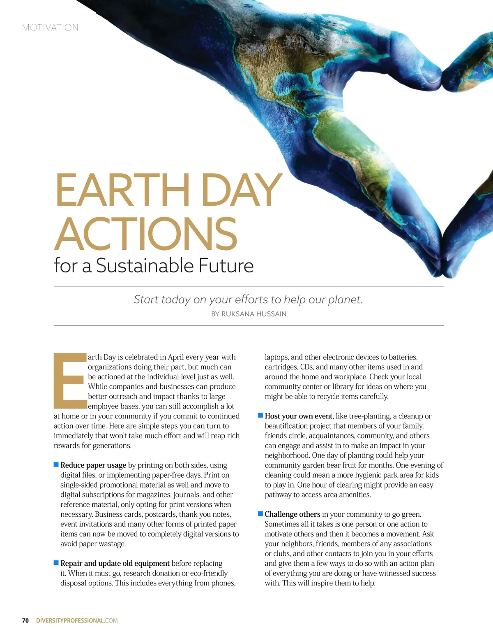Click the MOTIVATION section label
pos(50,28)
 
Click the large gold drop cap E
pos(70,381)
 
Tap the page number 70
pos(25,620)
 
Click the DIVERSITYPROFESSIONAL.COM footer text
pos(77,620)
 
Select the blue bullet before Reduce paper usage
pos(56,464)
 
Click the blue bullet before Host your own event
pos(260,416)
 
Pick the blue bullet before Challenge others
pos(260,513)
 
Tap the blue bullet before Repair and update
pos(56,562)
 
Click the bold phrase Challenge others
pos(292,514)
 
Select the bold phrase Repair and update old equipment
pos(115,563)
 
